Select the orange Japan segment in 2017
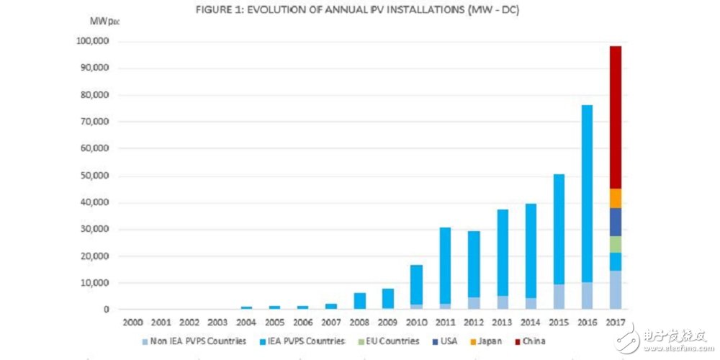(x=615, y=199)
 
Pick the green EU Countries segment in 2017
(x=615, y=245)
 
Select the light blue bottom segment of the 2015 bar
(x=559, y=297)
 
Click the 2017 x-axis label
(x=616, y=324)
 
